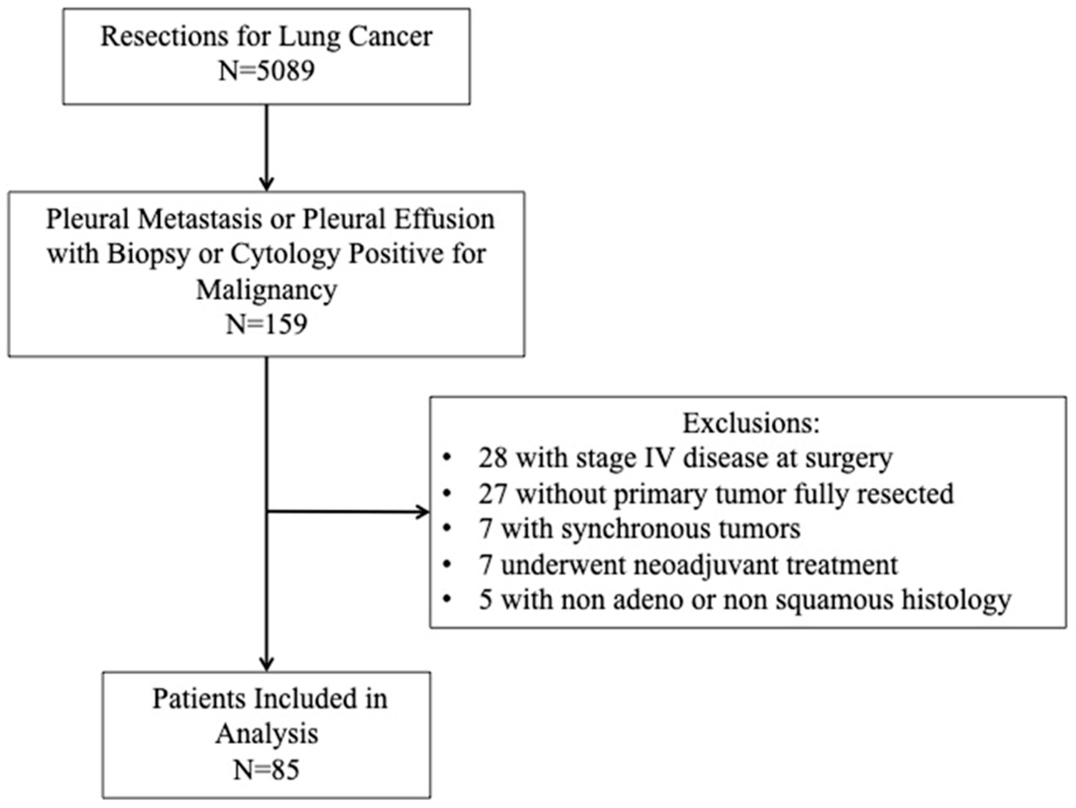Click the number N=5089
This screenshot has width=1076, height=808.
pos(266,71)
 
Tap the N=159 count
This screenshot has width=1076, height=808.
pos(266,324)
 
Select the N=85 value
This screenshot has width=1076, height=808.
pos(266,770)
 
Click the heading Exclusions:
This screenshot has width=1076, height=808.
pos(751,423)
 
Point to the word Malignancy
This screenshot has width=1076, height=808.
pos(266,290)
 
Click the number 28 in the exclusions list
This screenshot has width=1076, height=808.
pos(493,458)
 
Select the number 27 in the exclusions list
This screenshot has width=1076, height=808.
pos(493,494)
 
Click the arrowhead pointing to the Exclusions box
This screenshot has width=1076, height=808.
pos(423,512)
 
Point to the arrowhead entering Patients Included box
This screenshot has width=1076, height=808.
pos(266,665)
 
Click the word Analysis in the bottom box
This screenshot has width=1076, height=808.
pos(266,734)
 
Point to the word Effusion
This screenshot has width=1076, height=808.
pos(444,219)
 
